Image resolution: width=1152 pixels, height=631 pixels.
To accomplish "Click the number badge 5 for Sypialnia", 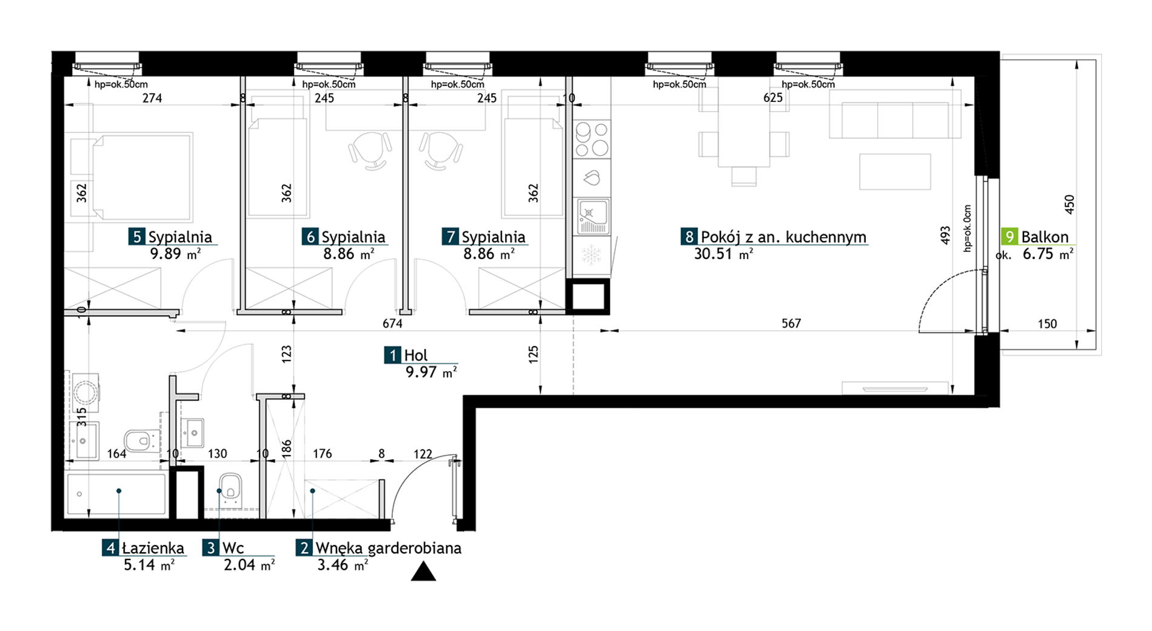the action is (x=136, y=237).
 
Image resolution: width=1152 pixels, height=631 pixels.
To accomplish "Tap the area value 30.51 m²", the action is (x=723, y=254).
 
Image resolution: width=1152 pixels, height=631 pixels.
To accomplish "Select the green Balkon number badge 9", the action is (x=1010, y=237).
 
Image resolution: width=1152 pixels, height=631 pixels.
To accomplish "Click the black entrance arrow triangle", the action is (x=423, y=572).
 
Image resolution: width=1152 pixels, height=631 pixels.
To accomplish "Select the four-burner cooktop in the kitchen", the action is (x=592, y=140).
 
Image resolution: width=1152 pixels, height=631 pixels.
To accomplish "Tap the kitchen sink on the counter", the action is (x=592, y=217).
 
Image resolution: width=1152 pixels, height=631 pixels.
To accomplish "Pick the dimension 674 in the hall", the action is (x=392, y=323).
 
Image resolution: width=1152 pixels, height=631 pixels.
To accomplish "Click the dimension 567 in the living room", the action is (x=791, y=323).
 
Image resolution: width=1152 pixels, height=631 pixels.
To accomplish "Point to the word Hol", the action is (x=416, y=356).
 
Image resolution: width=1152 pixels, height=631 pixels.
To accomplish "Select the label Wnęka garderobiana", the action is (x=388, y=548).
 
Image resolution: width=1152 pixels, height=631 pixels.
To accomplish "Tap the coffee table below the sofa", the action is (x=895, y=172).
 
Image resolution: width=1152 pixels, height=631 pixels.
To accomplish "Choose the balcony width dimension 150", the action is (x=1047, y=324).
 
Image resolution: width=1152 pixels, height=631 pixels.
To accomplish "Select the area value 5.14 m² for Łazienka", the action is (x=149, y=565).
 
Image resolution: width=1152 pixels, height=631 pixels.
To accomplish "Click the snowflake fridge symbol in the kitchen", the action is (x=592, y=255).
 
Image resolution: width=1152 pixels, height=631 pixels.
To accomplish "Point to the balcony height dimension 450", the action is (x=1070, y=204).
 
